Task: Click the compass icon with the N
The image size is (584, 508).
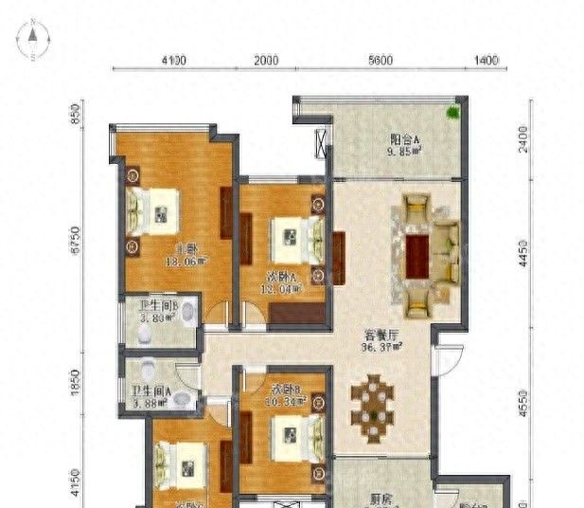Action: pyautogui.click(x=32, y=42)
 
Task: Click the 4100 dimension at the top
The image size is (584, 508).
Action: pyautogui.click(x=173, y=61)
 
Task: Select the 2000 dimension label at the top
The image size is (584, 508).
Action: pyautogui.click(x=266, y=61)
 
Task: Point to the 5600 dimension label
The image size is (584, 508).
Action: pyautogui.click(x=380, y=61)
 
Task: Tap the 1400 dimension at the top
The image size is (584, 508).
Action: pyautogui.click(x=485, y=61)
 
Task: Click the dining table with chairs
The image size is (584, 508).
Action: pyautogui.click(x=376, y=402)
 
